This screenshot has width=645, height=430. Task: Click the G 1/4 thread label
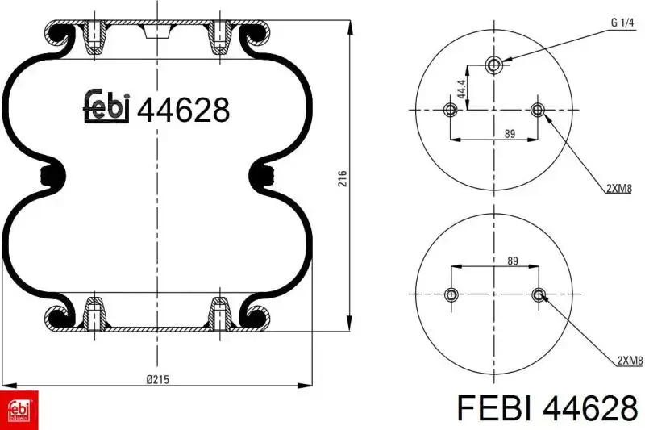point(622,23)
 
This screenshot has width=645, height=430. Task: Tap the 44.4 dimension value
point(461,89)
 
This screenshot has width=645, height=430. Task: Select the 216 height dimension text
point(342,178)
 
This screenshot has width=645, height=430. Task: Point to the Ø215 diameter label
point(157,379)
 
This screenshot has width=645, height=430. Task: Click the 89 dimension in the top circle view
point(510,134)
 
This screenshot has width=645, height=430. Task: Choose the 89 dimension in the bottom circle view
point(513,261)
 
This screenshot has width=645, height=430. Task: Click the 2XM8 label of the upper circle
point(619,189)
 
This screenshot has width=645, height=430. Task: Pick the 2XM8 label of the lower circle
point(630,361)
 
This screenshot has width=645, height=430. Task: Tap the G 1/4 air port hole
point(493,65)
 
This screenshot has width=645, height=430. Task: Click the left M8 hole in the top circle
point(451,110)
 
